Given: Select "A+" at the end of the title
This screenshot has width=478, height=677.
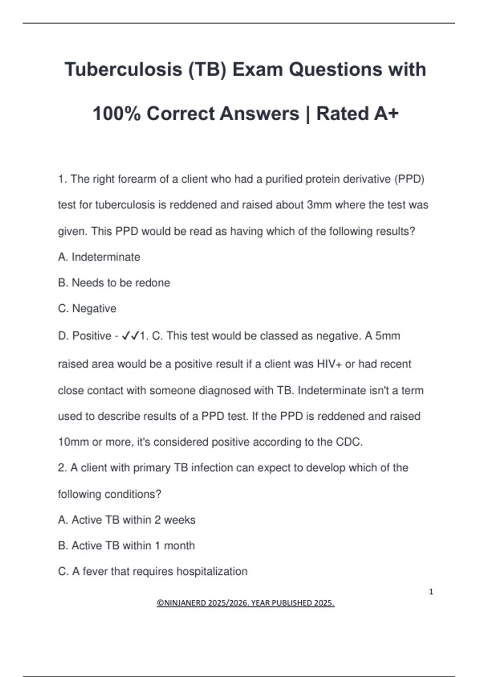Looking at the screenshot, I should pos(386,114).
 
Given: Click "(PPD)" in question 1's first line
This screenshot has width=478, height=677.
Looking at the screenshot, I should pos(409,179).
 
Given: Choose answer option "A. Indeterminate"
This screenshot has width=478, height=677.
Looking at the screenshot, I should pos(99,257).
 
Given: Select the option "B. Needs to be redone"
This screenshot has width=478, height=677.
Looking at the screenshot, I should pos(114,283).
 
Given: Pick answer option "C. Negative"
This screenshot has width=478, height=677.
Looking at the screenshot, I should pos(87,309).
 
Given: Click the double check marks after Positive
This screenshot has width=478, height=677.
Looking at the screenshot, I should pos(130,336).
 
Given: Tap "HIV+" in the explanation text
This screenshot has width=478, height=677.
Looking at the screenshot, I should pos(329,364).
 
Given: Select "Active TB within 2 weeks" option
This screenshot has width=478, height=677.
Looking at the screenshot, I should pos(133,520).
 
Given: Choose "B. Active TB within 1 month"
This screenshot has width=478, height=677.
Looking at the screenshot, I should pos(126,546).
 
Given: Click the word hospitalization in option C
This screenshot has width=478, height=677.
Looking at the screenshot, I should pos(212,571).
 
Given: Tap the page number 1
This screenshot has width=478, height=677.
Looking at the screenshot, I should pos(431,592).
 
